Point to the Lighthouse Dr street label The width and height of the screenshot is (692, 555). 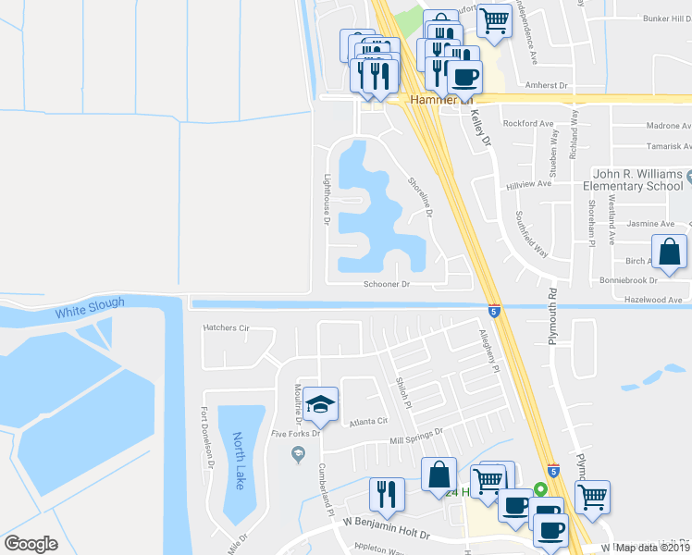(327, 198)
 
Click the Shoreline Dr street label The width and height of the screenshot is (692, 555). (421, 196)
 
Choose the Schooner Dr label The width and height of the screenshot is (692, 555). (387, 285)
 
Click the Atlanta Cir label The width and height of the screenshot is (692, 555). (367, 421)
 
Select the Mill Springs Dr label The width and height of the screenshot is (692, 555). (416, 432)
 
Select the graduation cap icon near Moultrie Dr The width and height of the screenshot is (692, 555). (320, 404)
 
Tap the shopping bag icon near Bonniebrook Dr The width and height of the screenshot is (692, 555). (669, 252)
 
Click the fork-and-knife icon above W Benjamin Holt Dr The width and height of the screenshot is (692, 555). (386, 494)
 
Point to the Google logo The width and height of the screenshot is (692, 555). (31, 544)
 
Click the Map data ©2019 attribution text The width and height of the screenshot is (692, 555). (653, 548)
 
